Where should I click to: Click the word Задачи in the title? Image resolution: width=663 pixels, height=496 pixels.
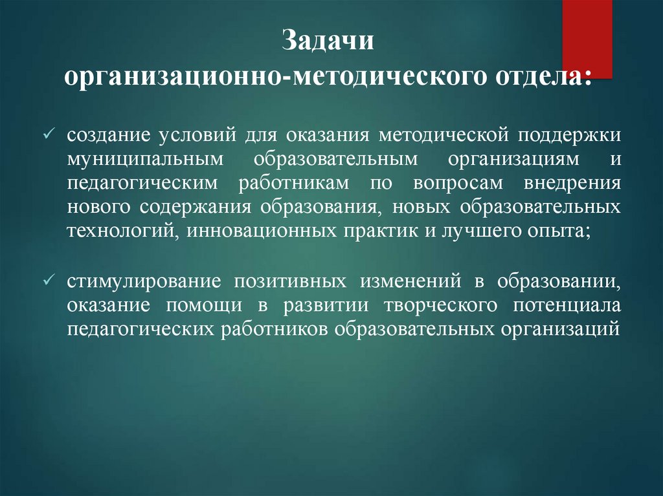[x=328, y=44]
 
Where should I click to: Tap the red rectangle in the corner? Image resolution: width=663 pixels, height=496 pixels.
[x=587, y=38]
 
